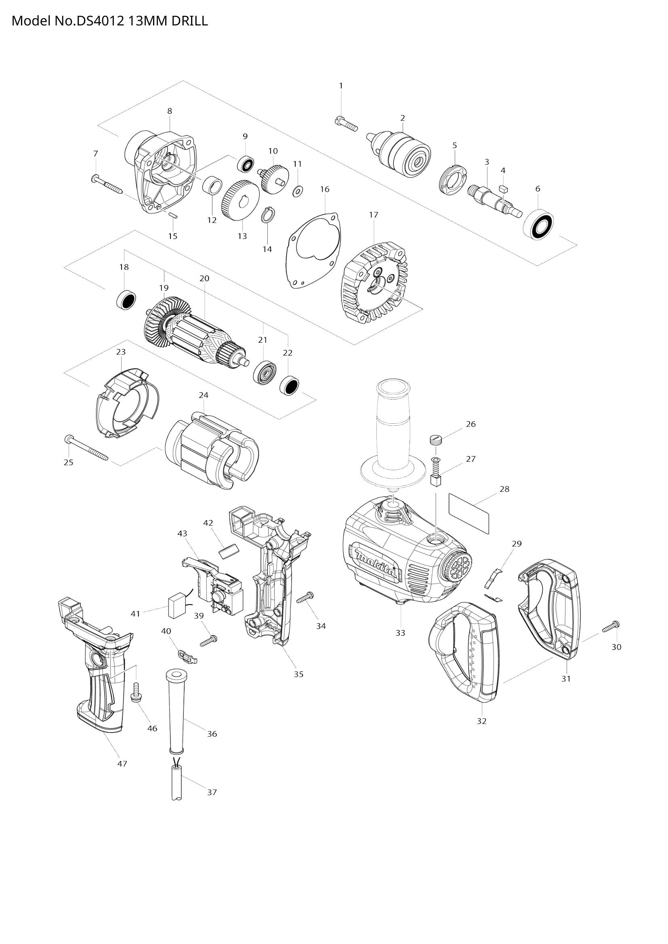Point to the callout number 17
pyautogui.click(x=374, y=215)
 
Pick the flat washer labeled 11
pyautogui.click(x=297, y=191)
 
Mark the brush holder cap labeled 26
pyautogui.click(x=438, y=440)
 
